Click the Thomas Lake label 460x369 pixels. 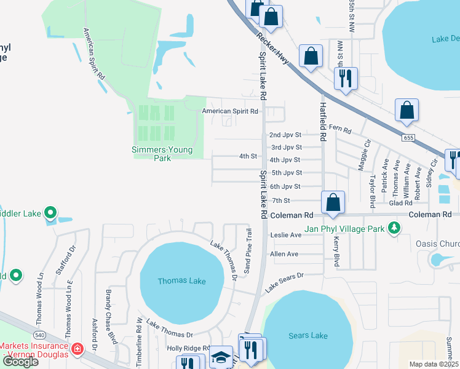tap(181, 281)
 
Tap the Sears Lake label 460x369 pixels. tap(308, 335)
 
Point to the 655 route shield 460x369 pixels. tap(409, 138)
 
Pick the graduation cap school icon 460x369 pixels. tap(221, 357)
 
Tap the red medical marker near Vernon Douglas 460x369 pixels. tap(77, 350)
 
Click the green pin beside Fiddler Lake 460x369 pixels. tap(50, 214)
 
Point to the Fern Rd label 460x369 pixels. tap(339, 130)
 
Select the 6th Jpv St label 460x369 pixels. tap(286, 186)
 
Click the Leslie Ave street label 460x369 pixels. tap(286, 235)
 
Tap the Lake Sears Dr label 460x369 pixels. tap(285, 282)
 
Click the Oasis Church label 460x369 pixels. tap(437, 244)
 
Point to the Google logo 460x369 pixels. tap(20, 362)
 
